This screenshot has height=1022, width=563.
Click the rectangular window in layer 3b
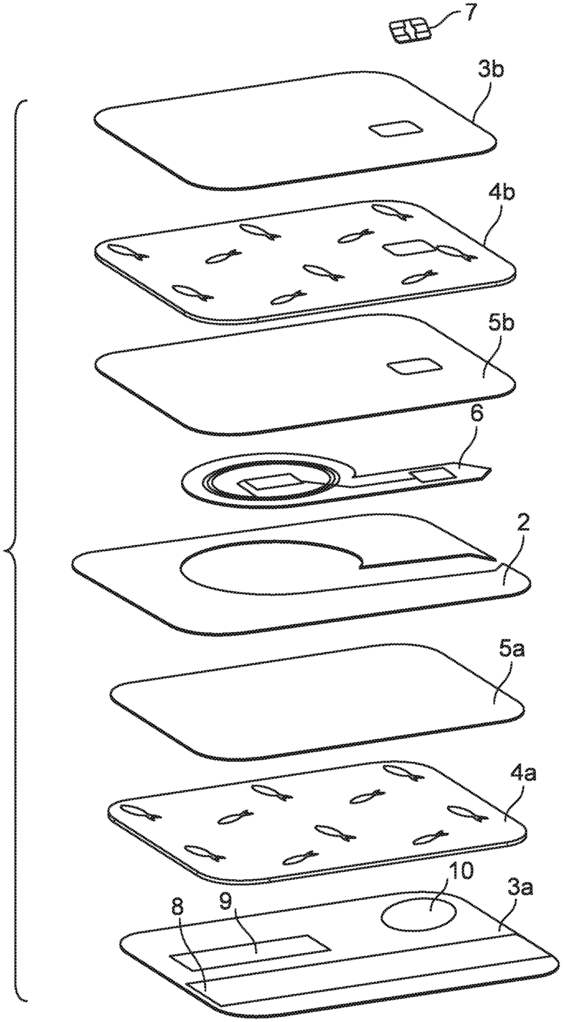(x=394, y=129)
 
